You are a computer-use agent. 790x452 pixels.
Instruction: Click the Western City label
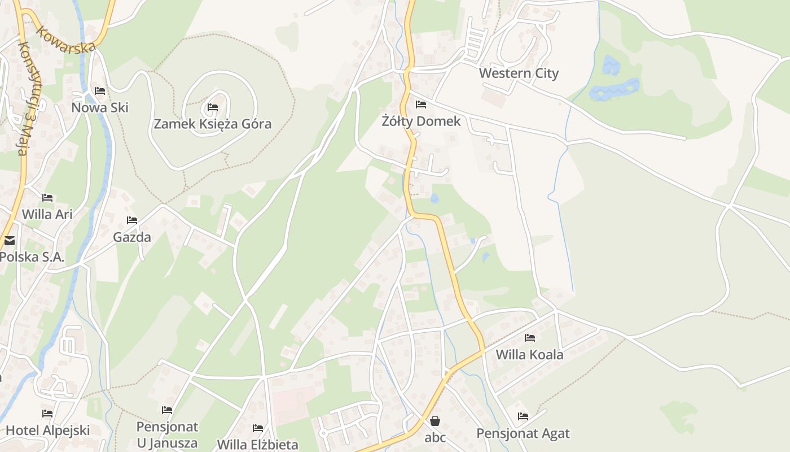[519, 73]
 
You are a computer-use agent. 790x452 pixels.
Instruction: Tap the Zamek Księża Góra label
[213, 124]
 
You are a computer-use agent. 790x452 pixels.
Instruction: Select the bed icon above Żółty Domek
[421, 105]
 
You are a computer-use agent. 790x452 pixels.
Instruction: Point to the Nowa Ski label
[100, 107]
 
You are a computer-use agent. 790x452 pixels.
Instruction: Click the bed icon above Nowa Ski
[100, 91]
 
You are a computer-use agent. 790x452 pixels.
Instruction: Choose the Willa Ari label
[47, 214]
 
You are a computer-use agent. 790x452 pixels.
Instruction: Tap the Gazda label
[132, 237]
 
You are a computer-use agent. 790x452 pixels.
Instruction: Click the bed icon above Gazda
[132, 220]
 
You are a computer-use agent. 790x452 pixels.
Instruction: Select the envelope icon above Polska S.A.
[10, 241]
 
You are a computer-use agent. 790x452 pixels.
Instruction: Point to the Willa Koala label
[529, 354]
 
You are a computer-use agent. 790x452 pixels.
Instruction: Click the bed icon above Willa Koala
[529, 338]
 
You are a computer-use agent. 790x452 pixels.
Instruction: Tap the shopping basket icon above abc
[435, 421]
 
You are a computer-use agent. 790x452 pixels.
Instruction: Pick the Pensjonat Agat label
[523, 433]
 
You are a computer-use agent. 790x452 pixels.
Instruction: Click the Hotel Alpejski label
[47, 430]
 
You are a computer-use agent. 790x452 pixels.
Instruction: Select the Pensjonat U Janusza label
[167, 434]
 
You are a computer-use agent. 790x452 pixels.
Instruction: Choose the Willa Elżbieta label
[258, 444]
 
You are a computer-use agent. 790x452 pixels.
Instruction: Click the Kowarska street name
[65, 39]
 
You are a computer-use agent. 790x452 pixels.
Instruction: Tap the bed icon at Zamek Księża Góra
[213, 107]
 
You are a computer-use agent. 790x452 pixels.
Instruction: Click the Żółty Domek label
[421, 121]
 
